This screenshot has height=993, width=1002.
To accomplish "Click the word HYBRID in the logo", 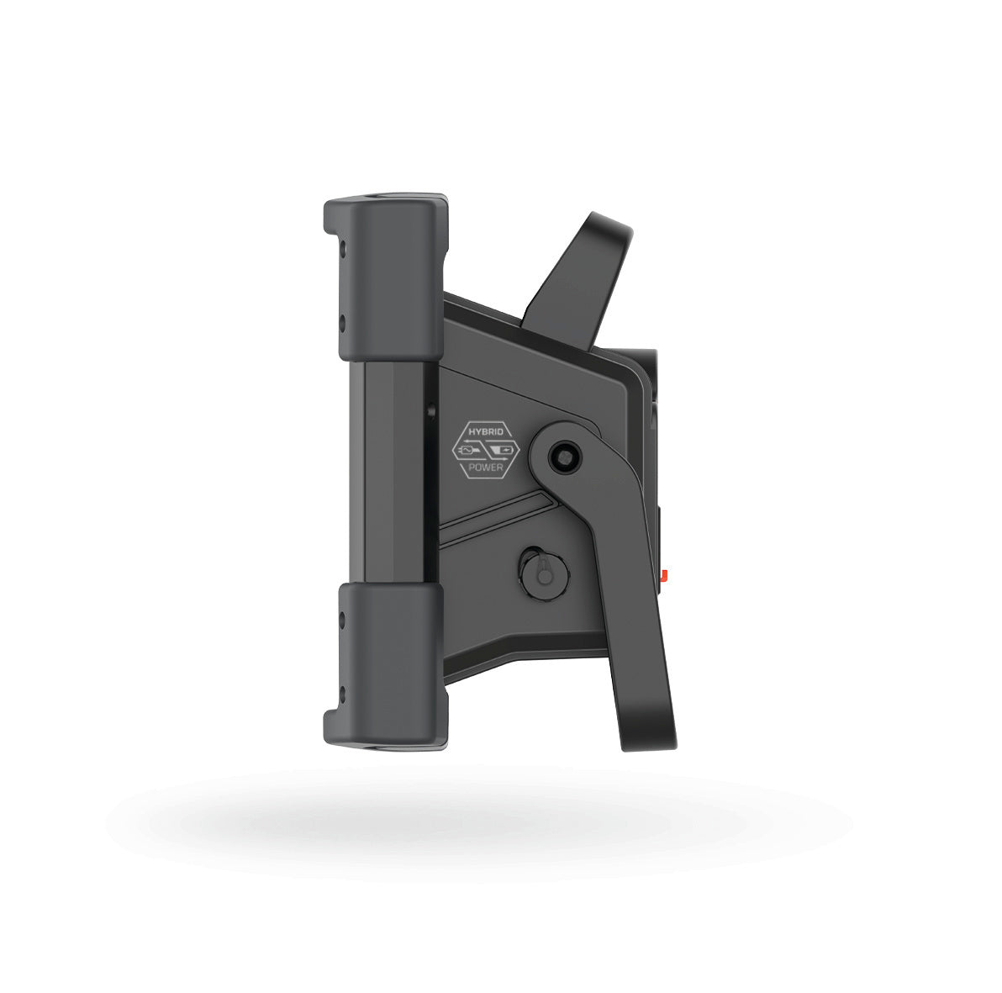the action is (x=487, y=432).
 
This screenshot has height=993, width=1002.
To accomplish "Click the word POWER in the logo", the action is (x=487, y=467).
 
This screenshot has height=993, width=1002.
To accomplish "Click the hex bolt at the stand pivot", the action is (x=564, y=456).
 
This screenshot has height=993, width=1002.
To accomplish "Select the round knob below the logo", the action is (x=543, y=573).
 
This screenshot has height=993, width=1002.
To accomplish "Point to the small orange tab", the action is (x=665, y=574).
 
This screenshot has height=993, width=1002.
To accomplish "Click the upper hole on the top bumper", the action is (x=341, y=246).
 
